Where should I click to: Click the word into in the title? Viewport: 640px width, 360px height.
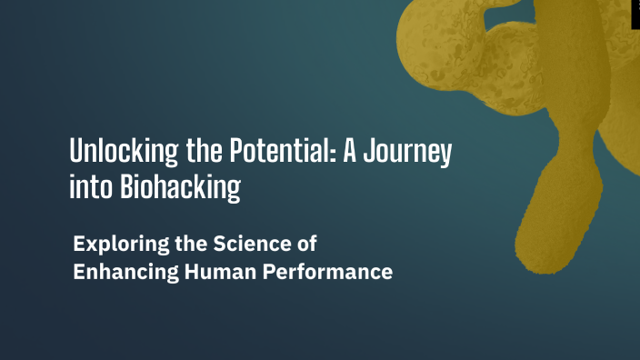[x=88, y=188]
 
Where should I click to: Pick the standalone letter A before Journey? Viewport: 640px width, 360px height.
[x=347, y=151]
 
